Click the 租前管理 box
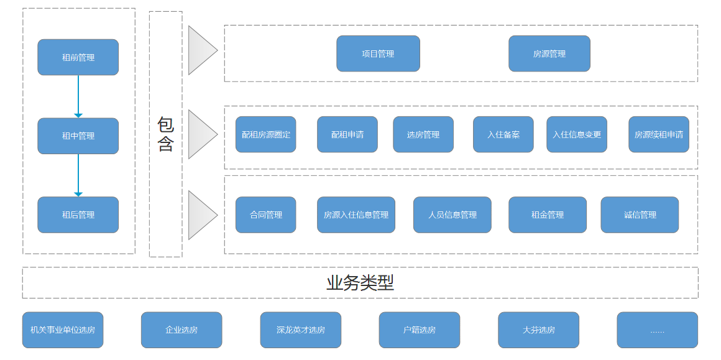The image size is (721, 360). (78, 57)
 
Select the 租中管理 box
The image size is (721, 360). (78, 136)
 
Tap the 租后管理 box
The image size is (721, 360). (78, 215)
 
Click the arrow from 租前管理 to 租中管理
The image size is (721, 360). (78, 96)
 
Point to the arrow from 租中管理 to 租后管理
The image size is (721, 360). (78, 175)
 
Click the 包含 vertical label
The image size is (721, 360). (165, 134)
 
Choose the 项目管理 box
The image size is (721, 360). (378, 53)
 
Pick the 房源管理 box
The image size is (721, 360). (549, 53)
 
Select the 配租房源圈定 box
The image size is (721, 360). (265, 134)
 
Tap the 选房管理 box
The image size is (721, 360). (423, 134)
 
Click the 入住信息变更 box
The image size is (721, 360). (576, 134)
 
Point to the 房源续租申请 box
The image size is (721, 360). (658, 134)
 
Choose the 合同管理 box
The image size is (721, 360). (265, 215)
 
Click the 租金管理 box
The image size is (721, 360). (547, 215)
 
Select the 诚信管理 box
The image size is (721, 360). (639, 215)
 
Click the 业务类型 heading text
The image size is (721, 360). (360, 283)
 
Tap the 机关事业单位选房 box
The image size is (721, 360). (63, 330)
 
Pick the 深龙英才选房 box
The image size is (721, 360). (300, 330)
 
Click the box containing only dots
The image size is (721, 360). (657, 330)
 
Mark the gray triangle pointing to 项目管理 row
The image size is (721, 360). (200, 50)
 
